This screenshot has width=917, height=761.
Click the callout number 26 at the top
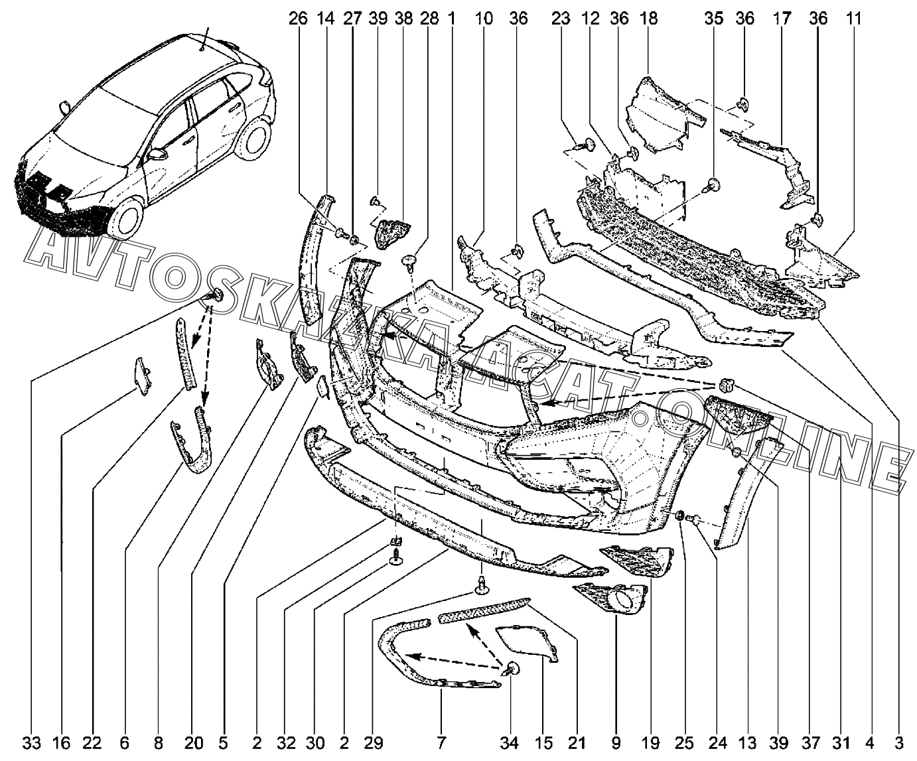pos(299,19)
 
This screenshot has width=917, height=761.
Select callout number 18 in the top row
pos(648,19)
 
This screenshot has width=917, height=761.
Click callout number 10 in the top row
pos(484,19)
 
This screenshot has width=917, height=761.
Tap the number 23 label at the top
pos(561,19)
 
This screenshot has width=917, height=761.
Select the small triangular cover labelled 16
pos(141,374)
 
